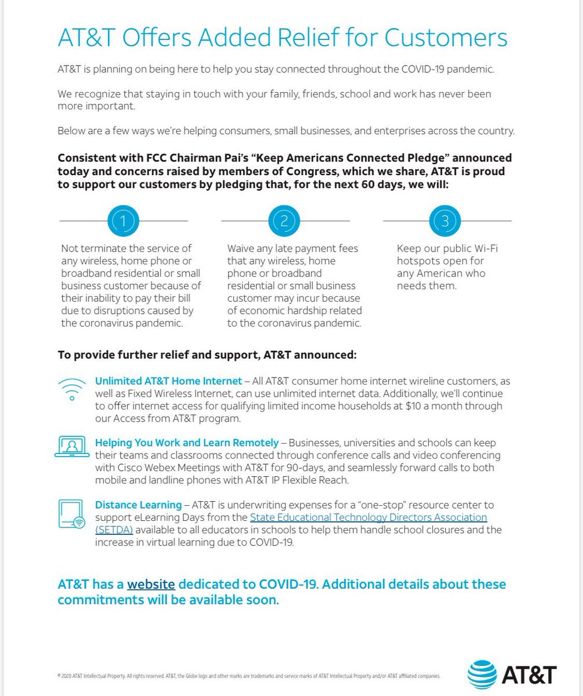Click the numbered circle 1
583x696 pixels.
124,220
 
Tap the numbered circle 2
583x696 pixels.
284,220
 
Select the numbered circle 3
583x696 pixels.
445,220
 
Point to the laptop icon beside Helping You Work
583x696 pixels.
71,447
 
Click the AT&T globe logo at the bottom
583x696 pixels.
483,675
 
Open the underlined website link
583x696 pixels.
151,584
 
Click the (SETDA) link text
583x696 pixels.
114,530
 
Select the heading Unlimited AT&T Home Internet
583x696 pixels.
168,381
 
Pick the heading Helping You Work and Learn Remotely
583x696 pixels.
187,443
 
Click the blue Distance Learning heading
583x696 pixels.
137,505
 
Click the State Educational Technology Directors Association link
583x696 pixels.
368,517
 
